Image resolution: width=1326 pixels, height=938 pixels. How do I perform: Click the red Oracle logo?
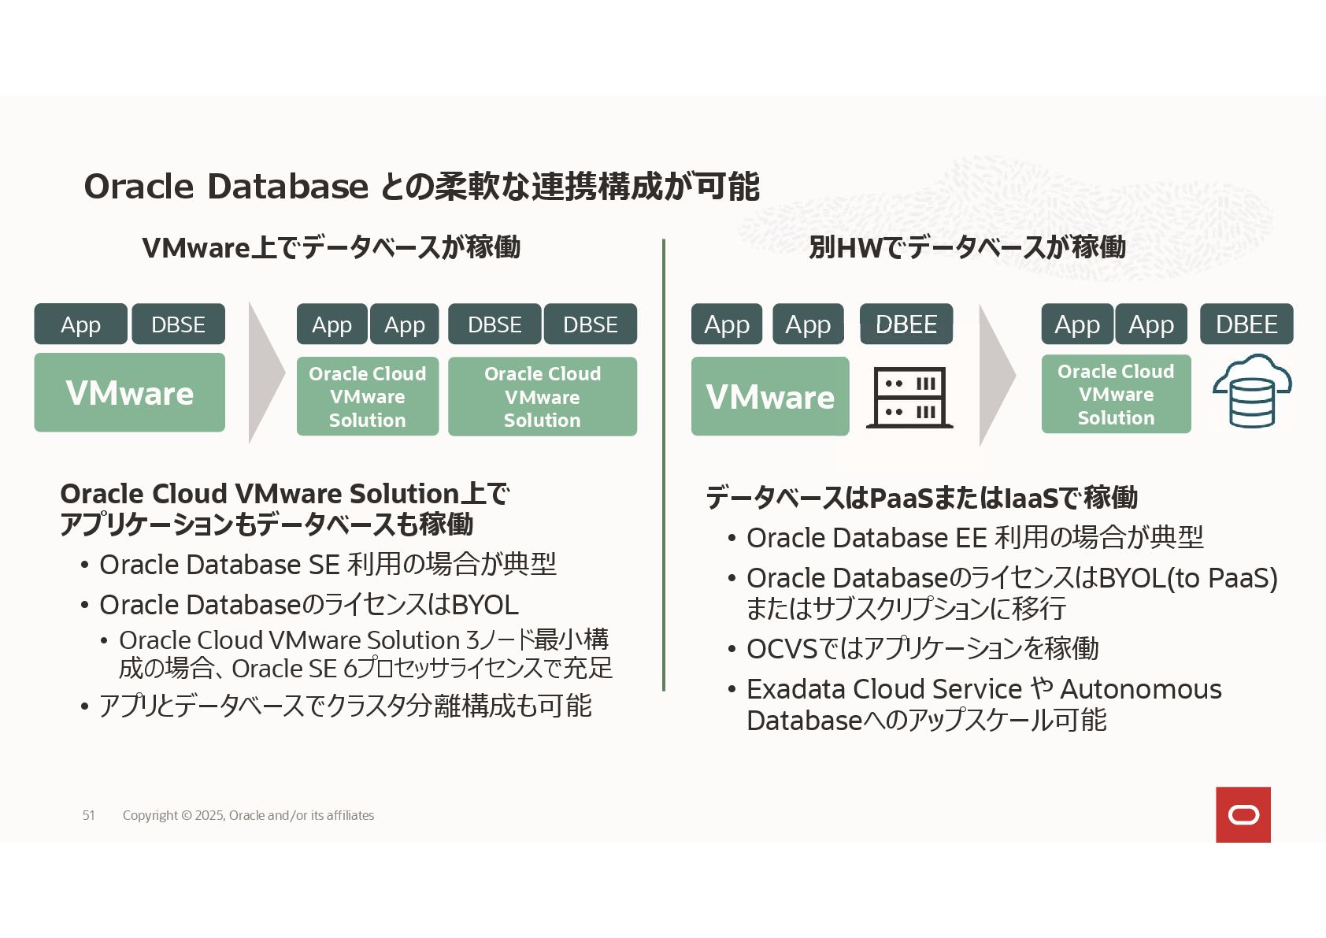click(1243, 814)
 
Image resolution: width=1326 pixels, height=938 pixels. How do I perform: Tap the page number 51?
click(88, 815)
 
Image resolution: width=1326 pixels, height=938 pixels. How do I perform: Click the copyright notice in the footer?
click(248, 815)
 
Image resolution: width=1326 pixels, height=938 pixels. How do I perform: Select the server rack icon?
click(909, 398)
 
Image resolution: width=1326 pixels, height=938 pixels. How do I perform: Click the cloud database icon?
click(1251, 392)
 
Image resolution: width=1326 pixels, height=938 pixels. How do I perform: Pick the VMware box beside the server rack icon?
click(769, 396)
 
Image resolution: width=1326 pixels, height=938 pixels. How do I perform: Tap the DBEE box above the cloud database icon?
click(1246, 324)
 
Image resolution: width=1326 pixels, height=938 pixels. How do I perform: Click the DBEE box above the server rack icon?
click(906, 324)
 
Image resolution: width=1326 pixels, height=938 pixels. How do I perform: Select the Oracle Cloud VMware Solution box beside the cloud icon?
click(1115, 394)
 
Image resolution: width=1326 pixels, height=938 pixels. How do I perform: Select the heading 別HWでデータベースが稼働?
click(966, 247)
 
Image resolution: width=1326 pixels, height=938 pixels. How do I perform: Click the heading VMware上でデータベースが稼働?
click(331, 247)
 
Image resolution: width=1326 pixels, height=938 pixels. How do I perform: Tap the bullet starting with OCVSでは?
click(921, 649)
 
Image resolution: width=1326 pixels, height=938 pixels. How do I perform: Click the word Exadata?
click(796, 689)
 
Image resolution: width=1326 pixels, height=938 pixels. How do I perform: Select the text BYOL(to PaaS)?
click(1187, 578)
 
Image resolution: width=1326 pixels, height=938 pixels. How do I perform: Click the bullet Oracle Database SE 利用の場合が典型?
click(327, 565)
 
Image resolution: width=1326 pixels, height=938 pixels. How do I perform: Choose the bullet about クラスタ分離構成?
click(345, 706)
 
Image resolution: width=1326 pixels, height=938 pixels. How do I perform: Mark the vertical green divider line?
click(664, 465)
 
